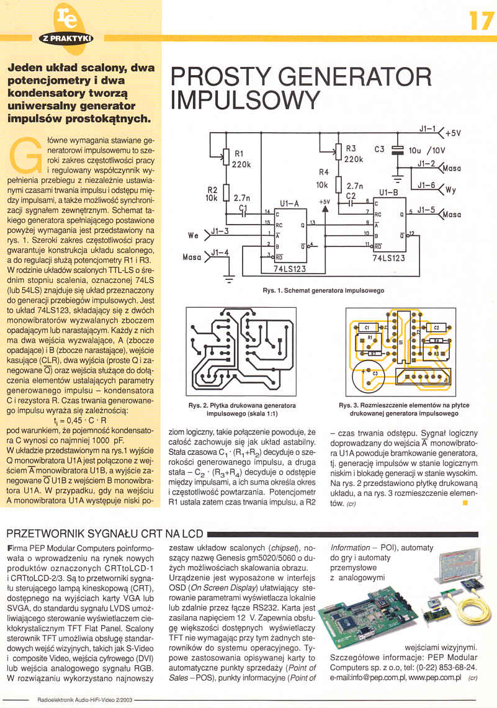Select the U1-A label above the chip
289,203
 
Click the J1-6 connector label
426,185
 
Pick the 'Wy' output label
450,190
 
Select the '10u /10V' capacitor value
430,150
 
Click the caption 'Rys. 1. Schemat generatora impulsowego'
323,290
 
